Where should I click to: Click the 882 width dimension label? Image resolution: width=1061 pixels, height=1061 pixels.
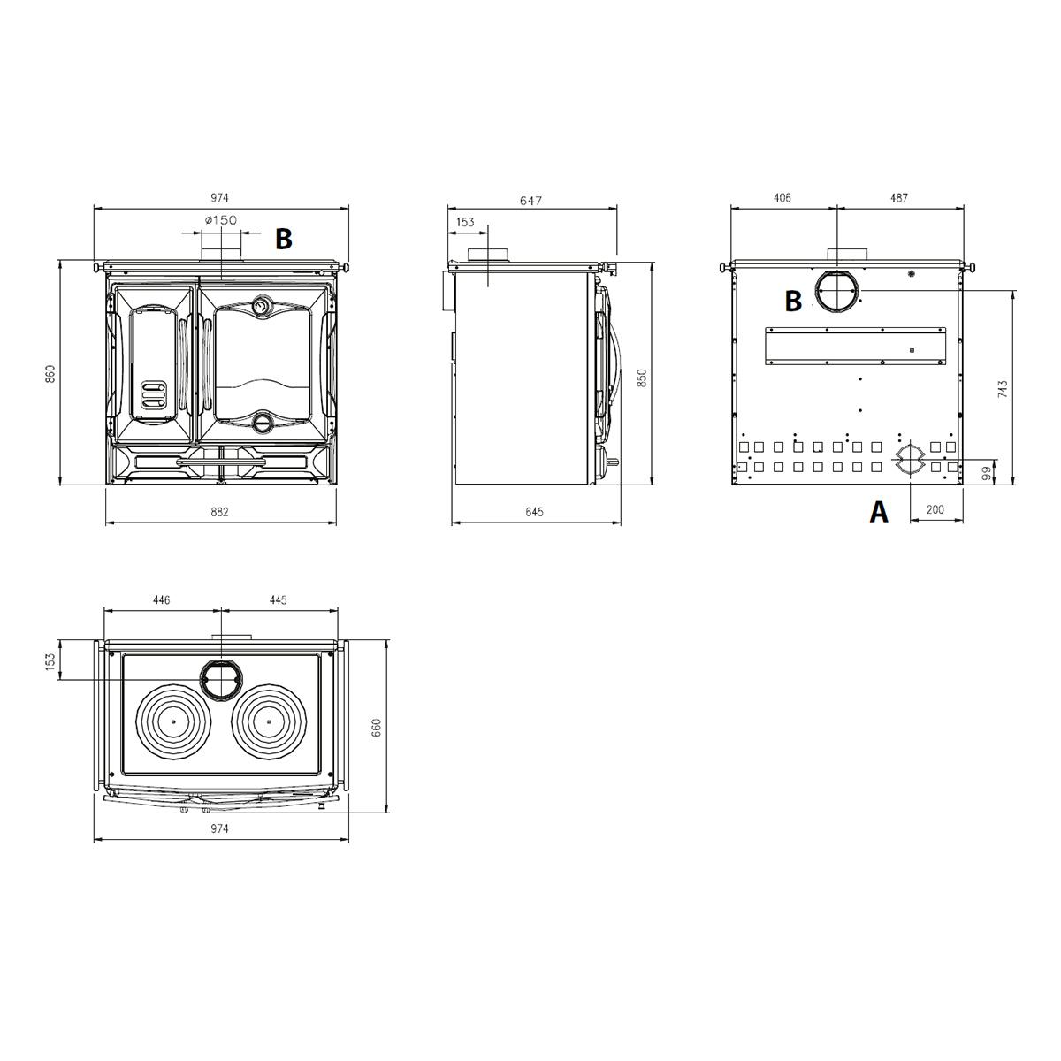pos(219,512)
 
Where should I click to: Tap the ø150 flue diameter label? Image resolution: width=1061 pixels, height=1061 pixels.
pos(221,219)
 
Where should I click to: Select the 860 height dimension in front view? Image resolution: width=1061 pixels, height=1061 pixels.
pos(50,374)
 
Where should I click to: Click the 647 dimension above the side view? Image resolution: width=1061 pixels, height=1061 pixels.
pos(530,201)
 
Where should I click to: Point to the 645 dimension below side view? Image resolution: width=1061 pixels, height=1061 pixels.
pos(534,512)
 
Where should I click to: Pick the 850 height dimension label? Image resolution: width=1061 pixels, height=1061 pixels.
pos(641,378)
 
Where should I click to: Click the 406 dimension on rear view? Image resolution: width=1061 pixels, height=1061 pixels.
pos(782,198)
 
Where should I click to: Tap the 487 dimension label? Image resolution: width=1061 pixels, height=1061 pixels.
pos(898,198)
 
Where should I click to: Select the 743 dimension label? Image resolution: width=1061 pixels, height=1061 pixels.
pos(1003,389)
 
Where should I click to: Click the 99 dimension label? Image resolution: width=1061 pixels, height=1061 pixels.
pos(987,472)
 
